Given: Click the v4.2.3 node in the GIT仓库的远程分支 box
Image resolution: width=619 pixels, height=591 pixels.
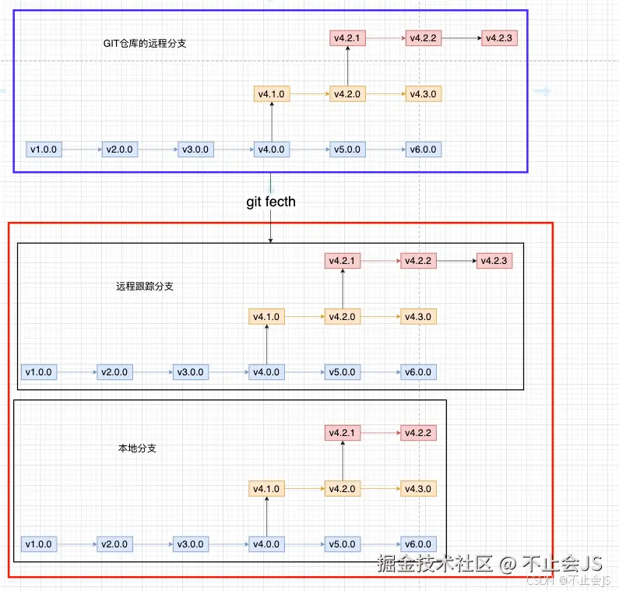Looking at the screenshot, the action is click(500, 37).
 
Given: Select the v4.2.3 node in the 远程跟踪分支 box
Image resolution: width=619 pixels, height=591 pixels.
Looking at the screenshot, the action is click(494, 261).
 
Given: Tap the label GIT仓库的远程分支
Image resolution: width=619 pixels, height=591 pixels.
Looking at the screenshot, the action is click(145, 44).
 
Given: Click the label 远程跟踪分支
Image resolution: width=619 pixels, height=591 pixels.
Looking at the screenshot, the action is click(145, 287).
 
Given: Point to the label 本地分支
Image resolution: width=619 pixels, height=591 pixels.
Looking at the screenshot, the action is click(137, 449).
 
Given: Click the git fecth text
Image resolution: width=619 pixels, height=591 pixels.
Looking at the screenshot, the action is click(271, 202).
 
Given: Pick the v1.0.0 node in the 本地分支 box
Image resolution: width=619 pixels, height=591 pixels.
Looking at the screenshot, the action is click(39, 544).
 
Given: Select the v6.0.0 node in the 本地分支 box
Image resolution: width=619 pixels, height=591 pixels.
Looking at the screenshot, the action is click(418, 544).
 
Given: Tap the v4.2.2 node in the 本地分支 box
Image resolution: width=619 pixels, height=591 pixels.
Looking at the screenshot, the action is click(418, 433).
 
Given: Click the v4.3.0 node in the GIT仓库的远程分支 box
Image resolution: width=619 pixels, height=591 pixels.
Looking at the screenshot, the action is click(424, 94).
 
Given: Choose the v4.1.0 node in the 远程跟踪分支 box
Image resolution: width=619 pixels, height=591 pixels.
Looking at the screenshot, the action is click(266, 317).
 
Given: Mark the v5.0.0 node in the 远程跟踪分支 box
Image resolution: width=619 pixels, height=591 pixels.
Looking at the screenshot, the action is click(343, 372).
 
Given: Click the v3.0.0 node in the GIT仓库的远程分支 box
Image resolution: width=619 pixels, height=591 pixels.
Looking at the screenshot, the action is click(195, 150).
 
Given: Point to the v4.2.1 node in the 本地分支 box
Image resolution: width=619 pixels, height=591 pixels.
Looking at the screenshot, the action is click(343, 433).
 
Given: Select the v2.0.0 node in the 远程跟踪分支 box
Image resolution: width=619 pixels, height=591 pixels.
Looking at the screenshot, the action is click(114, 372).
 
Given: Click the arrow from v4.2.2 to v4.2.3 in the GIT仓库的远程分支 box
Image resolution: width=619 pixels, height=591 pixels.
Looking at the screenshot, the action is click(461, 37).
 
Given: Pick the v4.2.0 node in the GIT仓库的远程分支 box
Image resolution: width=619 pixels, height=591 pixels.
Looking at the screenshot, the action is click(347, 94).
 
